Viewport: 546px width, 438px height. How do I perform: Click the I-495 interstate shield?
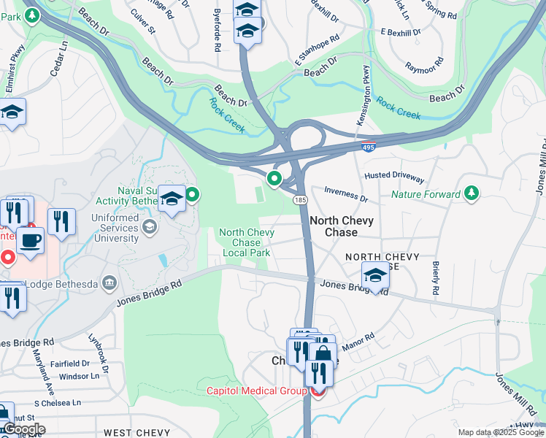[370, 147]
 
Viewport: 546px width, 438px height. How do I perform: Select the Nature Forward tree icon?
[472, 193]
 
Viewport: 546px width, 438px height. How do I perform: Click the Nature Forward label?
[426, 194]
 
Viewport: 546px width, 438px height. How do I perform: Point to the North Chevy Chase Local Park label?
[247, 242]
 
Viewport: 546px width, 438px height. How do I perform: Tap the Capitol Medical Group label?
[255, 391]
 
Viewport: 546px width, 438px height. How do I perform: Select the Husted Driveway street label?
[394, 177]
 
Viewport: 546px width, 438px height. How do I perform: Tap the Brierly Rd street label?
[436, 278]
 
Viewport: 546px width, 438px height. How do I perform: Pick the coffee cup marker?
[30, 241]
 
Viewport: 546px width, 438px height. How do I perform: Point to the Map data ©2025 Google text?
[499, 432]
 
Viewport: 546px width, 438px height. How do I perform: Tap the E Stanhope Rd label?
[318, 50]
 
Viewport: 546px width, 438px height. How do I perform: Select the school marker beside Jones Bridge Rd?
[375, 276]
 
